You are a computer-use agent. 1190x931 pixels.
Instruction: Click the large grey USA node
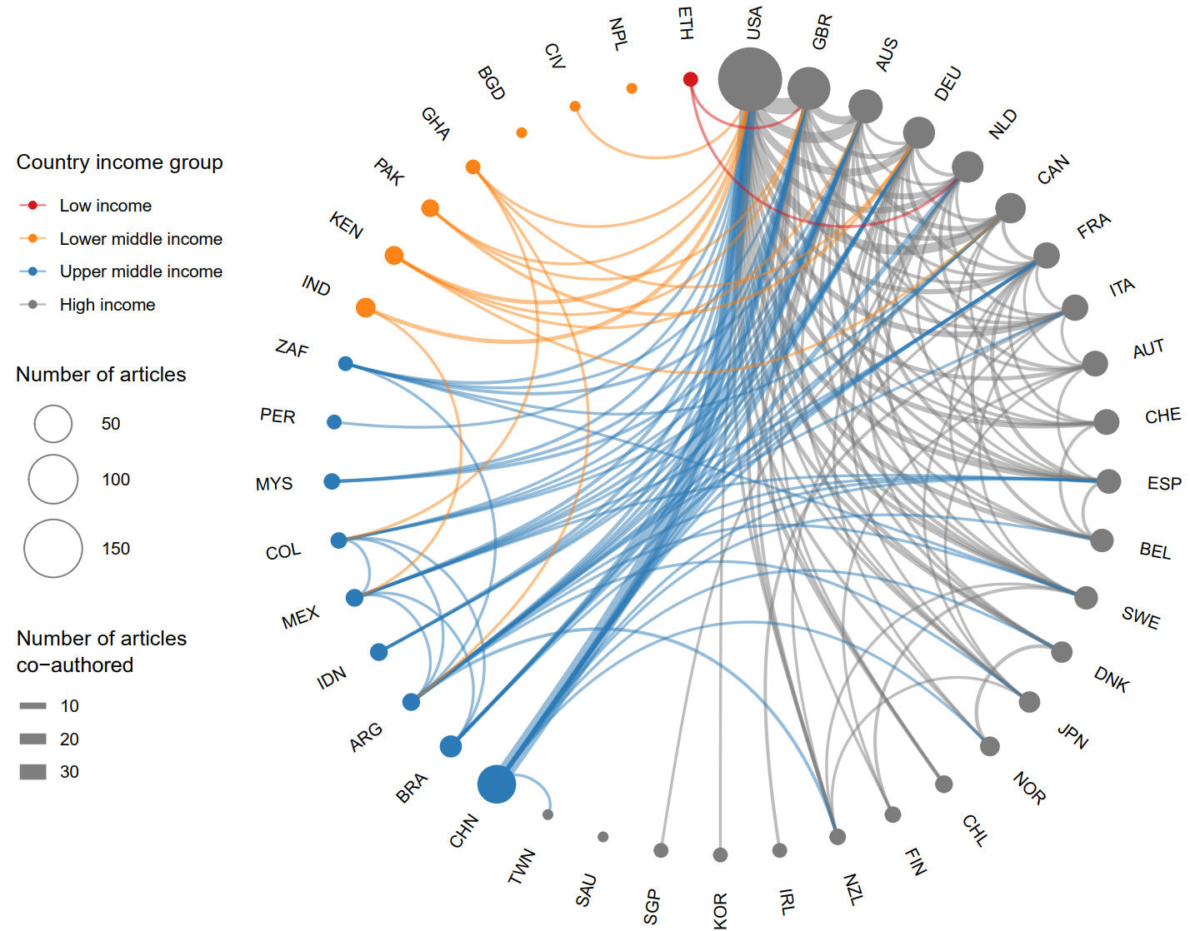[750, 79]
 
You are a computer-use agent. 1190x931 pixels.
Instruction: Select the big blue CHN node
[497, 784]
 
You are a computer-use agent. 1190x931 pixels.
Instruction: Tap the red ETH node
[690, 79]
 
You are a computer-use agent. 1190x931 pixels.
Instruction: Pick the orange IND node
[365, 308]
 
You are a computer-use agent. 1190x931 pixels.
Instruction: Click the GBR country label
[822, 32]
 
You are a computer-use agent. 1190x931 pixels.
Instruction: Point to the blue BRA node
[451, 746]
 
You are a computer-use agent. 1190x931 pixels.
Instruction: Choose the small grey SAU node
[603, 837]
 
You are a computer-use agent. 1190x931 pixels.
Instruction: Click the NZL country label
[852, 889]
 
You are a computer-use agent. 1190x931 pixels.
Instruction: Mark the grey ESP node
[1108, 481]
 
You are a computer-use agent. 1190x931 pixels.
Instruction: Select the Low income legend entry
[105, 206]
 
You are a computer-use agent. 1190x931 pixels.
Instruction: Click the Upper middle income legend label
[141, 271]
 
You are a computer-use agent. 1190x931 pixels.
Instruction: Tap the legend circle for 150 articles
[53, 548]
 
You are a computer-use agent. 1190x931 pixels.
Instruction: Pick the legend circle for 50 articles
[53, 424]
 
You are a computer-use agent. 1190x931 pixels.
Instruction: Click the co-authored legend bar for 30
[33, 772]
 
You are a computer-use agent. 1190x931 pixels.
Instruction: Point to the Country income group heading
[119, 162]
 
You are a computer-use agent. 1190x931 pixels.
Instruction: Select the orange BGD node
[522, 132]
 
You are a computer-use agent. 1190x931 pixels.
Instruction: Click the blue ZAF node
[346, 364]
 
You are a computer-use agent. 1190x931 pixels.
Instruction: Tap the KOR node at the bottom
[721, 854]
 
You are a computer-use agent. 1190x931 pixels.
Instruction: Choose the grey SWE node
[1086, 597]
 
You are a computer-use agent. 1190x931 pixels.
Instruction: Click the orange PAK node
[430, 208]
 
